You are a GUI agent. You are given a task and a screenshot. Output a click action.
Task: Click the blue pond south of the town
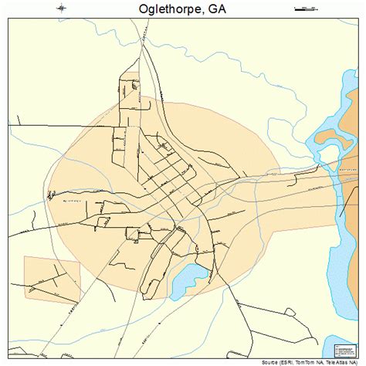(x=187, y=280)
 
